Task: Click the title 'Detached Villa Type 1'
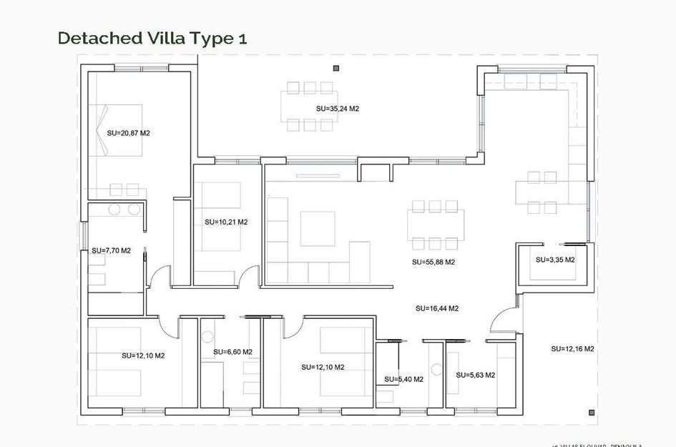click(x=152, y=38)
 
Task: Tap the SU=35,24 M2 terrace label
click(x=337, y=109)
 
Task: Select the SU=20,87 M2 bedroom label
click(x=128, y=133)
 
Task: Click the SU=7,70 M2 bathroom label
click(x=111, y=251)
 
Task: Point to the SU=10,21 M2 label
click(x=225, y=222)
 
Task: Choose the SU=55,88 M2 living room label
click(x=433, y=262)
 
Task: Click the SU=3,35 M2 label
click(x=555, y=260)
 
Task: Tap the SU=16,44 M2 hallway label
click(x=436, y=308)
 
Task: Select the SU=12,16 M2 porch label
click(x=572, y=349)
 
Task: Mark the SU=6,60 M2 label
click(x=232, y=352)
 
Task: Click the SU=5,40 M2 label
click(x=403, y=379)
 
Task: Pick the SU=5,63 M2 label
click(x=476, y=375)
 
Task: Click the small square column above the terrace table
click(x=336, y=68)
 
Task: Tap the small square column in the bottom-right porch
click(x=592, y=412)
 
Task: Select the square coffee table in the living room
click(x=317, y=228)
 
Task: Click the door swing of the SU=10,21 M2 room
click(x=250, y=275)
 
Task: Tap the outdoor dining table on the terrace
click(x=310, y=107)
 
